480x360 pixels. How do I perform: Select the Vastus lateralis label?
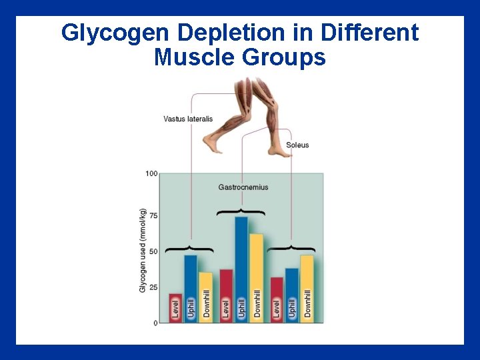click(188, 119)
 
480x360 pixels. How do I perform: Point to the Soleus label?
click(297, 145)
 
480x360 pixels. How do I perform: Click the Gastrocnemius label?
click(243, 187)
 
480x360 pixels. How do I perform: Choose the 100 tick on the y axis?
click(151, 174)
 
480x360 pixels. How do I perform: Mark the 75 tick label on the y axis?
click(153, 216)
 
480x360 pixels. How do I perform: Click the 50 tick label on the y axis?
click(153, 251)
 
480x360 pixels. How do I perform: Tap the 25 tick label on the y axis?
click(153, 287)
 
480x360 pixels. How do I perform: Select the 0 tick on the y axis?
click(155, 323)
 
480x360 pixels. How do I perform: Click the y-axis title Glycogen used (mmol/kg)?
click(143, 250)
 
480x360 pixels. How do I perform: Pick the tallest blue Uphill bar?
click(241, 267)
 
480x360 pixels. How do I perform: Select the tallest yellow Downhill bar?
click(256, 277)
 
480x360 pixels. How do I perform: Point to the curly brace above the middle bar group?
click(241, 212)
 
